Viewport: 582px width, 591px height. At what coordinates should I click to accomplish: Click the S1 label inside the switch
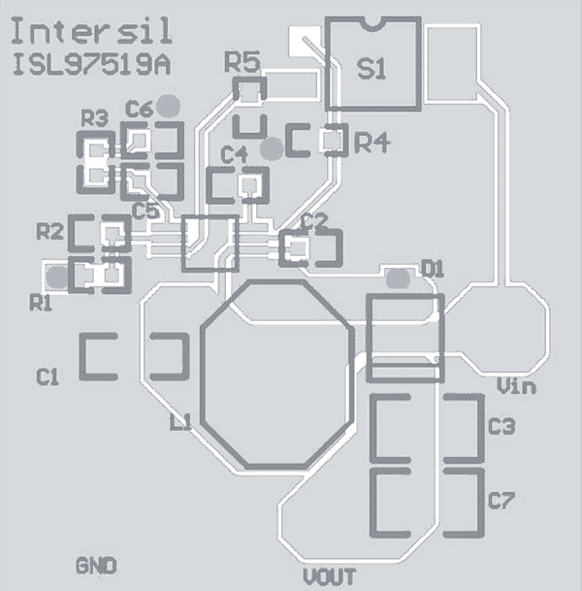[x=371, y=69]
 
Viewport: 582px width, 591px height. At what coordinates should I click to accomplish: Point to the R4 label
[x=372, y=144]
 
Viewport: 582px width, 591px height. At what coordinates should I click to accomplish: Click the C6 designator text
[x=139, y=110]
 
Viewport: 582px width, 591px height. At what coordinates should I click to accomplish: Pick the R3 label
[x=94, y=119]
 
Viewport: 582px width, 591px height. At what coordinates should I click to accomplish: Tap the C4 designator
[x=234, y=154]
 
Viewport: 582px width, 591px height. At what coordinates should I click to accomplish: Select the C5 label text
[x=145, y=210]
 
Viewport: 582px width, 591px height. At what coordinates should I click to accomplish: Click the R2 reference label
[x=49, y=232]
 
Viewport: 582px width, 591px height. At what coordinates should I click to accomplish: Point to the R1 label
[x=41, y=303]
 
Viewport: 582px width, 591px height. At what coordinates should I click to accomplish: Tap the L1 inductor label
[x=180, y=423]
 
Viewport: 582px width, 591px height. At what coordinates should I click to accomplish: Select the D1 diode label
[x=432, y=269]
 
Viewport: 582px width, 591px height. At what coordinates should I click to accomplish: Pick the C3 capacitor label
[x=501, y=426]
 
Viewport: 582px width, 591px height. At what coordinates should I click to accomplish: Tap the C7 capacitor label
[x=501, y=502]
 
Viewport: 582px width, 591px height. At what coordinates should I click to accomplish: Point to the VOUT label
[x=329, y=576]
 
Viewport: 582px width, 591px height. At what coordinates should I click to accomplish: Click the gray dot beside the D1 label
[x=397, y=279]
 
